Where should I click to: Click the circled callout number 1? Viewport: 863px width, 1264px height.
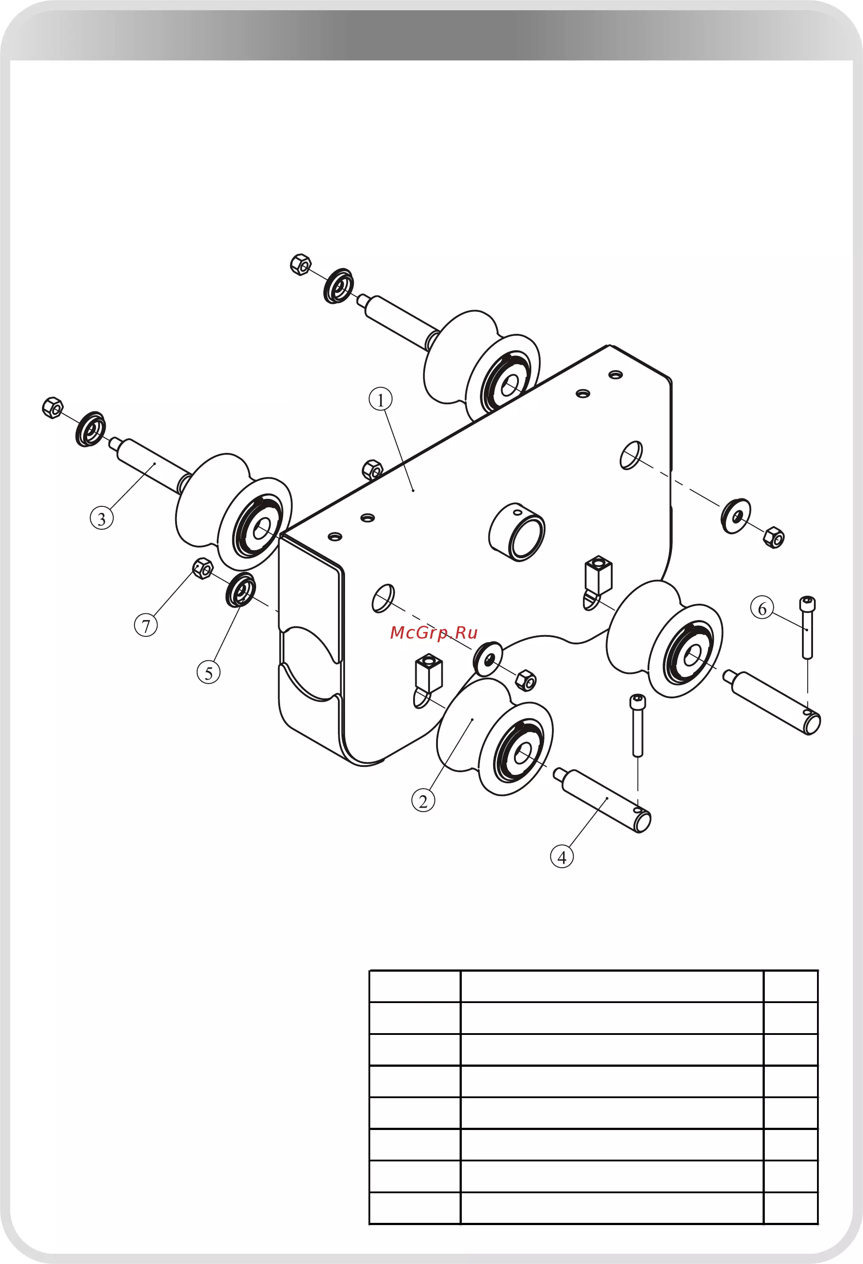click(x=380, y=399)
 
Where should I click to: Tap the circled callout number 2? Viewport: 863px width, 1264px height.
click(x=423, y=801)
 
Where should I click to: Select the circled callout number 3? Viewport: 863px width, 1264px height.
click(x=102, y=518)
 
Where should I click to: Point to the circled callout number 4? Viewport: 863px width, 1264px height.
click(x=562, y=857)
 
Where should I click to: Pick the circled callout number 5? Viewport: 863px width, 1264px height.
click(x=208, y=672)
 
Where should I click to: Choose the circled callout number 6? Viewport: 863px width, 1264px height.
click(x=762, y=608)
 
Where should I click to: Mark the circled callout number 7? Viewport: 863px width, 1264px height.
click(x=146, y=625)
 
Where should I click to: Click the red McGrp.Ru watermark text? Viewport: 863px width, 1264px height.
click(x=433, y=632)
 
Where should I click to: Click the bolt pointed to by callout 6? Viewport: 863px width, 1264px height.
click(x=808, y=627)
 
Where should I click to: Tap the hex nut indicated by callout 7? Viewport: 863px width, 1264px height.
click(x=203, y=568)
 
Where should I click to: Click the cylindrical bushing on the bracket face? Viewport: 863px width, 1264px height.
click(x=517, y=531)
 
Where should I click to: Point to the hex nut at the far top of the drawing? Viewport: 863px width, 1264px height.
click(x=300, y=264)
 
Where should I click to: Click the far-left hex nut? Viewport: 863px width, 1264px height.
click(x=52, y=408)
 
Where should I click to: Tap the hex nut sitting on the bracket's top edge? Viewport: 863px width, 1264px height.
click(x=372, y=469)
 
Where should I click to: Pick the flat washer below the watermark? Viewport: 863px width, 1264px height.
click(x=487, y=659)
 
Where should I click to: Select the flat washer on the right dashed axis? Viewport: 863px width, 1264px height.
click(x=736, y=516)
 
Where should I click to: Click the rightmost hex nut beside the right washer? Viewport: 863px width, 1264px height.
click(x=773, y=537)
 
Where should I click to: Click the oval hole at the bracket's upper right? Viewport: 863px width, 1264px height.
click(x=631, y=455)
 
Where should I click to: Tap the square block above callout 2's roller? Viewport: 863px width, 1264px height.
click(x=429, y=673)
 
